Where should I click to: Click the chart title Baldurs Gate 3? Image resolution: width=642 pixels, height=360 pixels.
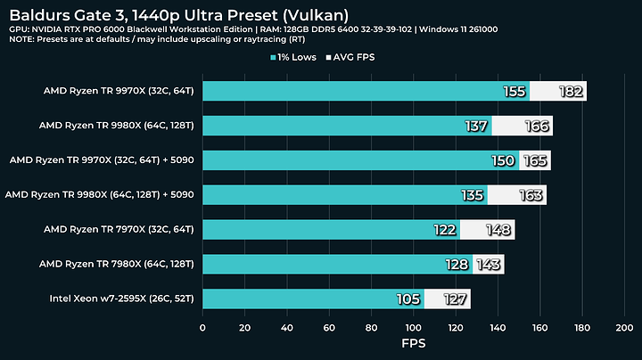click(178, 14)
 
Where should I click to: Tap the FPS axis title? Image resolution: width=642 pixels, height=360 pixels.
click(413, 342)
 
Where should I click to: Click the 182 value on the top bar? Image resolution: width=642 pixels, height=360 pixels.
click(571, 91)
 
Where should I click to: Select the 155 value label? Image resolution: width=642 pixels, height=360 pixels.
click(514, 91)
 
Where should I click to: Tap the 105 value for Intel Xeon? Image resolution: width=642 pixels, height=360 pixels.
click(409, 299)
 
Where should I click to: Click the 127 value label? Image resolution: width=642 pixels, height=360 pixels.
click(455, 299)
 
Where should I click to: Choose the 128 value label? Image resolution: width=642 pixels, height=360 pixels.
click(457, 265)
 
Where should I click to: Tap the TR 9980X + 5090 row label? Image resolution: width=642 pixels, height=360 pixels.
click(100, 194)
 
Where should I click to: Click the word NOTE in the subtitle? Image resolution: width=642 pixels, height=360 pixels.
click(23, 39)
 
